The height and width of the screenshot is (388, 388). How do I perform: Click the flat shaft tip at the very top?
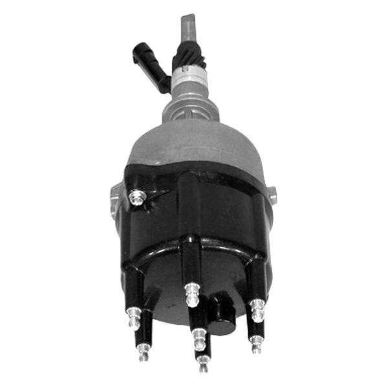coord(187,27)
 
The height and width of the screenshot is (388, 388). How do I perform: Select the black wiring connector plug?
coord(143,59)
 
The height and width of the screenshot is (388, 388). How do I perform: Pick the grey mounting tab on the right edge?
coord(272,195)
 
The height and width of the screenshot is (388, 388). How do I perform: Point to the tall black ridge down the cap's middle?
coord(190,213)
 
